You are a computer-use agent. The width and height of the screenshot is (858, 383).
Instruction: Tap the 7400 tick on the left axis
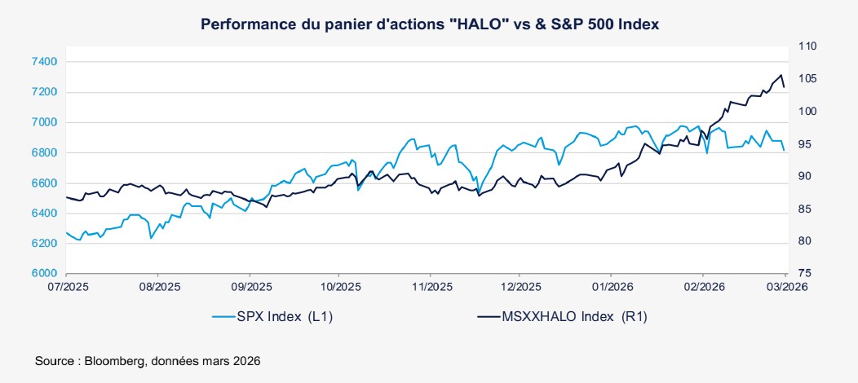45,61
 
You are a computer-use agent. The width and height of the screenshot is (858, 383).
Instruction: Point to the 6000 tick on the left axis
45,274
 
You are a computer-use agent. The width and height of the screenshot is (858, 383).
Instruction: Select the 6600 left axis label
45,183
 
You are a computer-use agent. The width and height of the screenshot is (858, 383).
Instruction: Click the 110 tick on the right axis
807,46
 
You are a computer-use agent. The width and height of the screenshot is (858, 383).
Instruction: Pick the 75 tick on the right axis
803,274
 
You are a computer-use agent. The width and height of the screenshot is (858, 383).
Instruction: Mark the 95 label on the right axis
803,144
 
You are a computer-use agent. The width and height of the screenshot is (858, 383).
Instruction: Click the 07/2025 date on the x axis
67,287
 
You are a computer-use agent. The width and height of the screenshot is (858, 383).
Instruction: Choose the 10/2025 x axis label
341,287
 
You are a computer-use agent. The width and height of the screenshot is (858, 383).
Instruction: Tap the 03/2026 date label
785,287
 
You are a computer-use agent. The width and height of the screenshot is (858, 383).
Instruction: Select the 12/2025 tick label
521,287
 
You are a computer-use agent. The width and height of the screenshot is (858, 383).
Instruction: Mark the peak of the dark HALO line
782,75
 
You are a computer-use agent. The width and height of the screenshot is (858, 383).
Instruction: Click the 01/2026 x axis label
612,287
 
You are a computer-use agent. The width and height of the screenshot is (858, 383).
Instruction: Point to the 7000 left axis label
45,122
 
